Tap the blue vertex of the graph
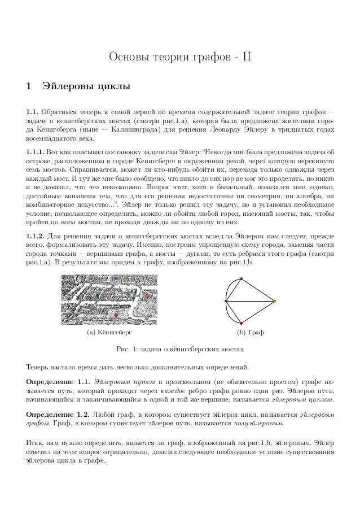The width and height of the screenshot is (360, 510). [x=241, y=278]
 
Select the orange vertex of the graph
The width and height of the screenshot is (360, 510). [x=275, y=302]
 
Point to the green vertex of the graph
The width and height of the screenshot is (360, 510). [x=226, y=302]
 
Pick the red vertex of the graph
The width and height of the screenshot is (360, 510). [x=241, y=324]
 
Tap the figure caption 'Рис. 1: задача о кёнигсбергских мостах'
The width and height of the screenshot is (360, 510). [x=179, y=348]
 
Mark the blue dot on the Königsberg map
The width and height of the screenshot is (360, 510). [x=116, y=278]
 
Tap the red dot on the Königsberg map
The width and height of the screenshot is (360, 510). [x=116, y=315]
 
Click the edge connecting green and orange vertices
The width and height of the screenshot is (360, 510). [x=250, y=302]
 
